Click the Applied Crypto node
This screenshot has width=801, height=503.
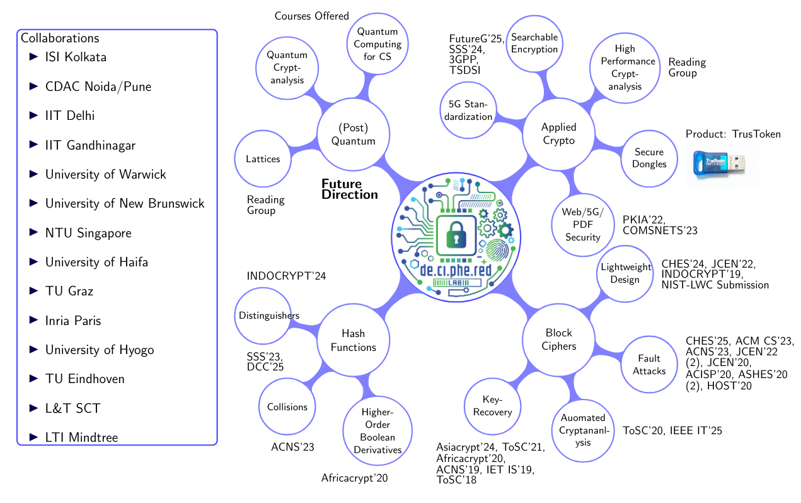(x=558, y=134)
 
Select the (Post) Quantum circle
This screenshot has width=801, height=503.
(x=353, y=134)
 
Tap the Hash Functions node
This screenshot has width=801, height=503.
(x=353, y=340)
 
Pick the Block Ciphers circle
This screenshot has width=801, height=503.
(x=558, y=340)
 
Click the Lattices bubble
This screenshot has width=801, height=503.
(x=263, y=159)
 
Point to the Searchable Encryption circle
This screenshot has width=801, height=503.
(x=534, y=43)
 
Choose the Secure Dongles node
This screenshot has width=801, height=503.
(x=650, y=158)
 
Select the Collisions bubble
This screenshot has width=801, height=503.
(x=287, y=406)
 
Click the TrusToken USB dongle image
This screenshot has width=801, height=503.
(x=722, y=165)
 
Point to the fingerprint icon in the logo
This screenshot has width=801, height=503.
(x=500, y=251)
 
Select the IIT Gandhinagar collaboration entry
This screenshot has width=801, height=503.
(x=90, y=145)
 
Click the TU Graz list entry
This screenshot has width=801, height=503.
(x=69, y=292)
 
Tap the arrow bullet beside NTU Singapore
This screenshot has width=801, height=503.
(x=33, y=233)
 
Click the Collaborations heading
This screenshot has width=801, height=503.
(x=60, y=37)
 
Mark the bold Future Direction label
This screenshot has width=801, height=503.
(x=349, y=189)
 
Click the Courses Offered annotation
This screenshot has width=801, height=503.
(x=311, y=16)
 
